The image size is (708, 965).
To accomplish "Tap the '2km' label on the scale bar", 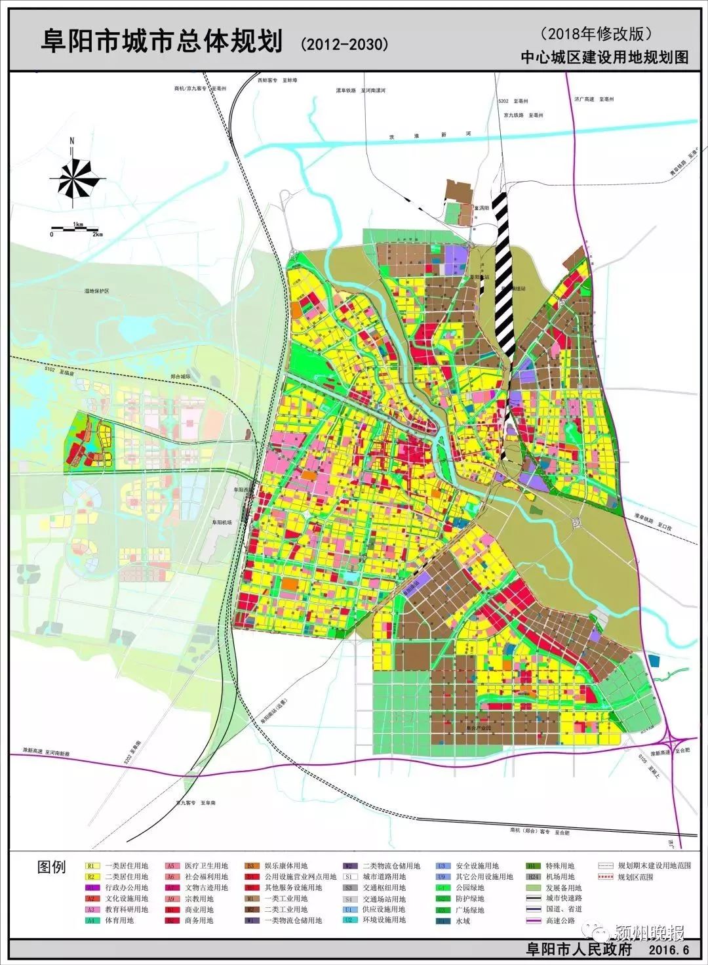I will (98, 235).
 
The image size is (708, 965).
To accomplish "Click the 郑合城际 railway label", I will (179, 377).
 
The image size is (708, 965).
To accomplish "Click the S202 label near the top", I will (503, 102).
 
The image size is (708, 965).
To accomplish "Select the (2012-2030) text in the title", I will (344, 44).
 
